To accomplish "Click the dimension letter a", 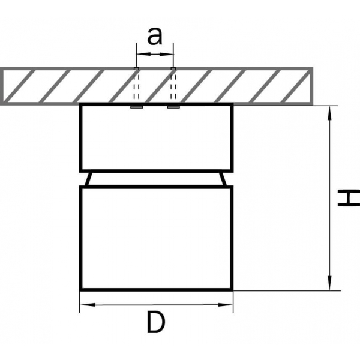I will [x=155, y=37].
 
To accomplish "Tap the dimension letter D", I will [x=155, y=324].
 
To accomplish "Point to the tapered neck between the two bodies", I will [x=155, y=179].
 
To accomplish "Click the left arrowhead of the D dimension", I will [x=85, y=305].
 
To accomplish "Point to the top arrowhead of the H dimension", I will [x=329, y=111].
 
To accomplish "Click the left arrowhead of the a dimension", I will [x=140, y=55].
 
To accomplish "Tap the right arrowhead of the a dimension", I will [x=170, y=55].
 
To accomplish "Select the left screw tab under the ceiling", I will [x=136, y=107].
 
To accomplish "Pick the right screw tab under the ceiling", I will [x=173, y=107].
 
